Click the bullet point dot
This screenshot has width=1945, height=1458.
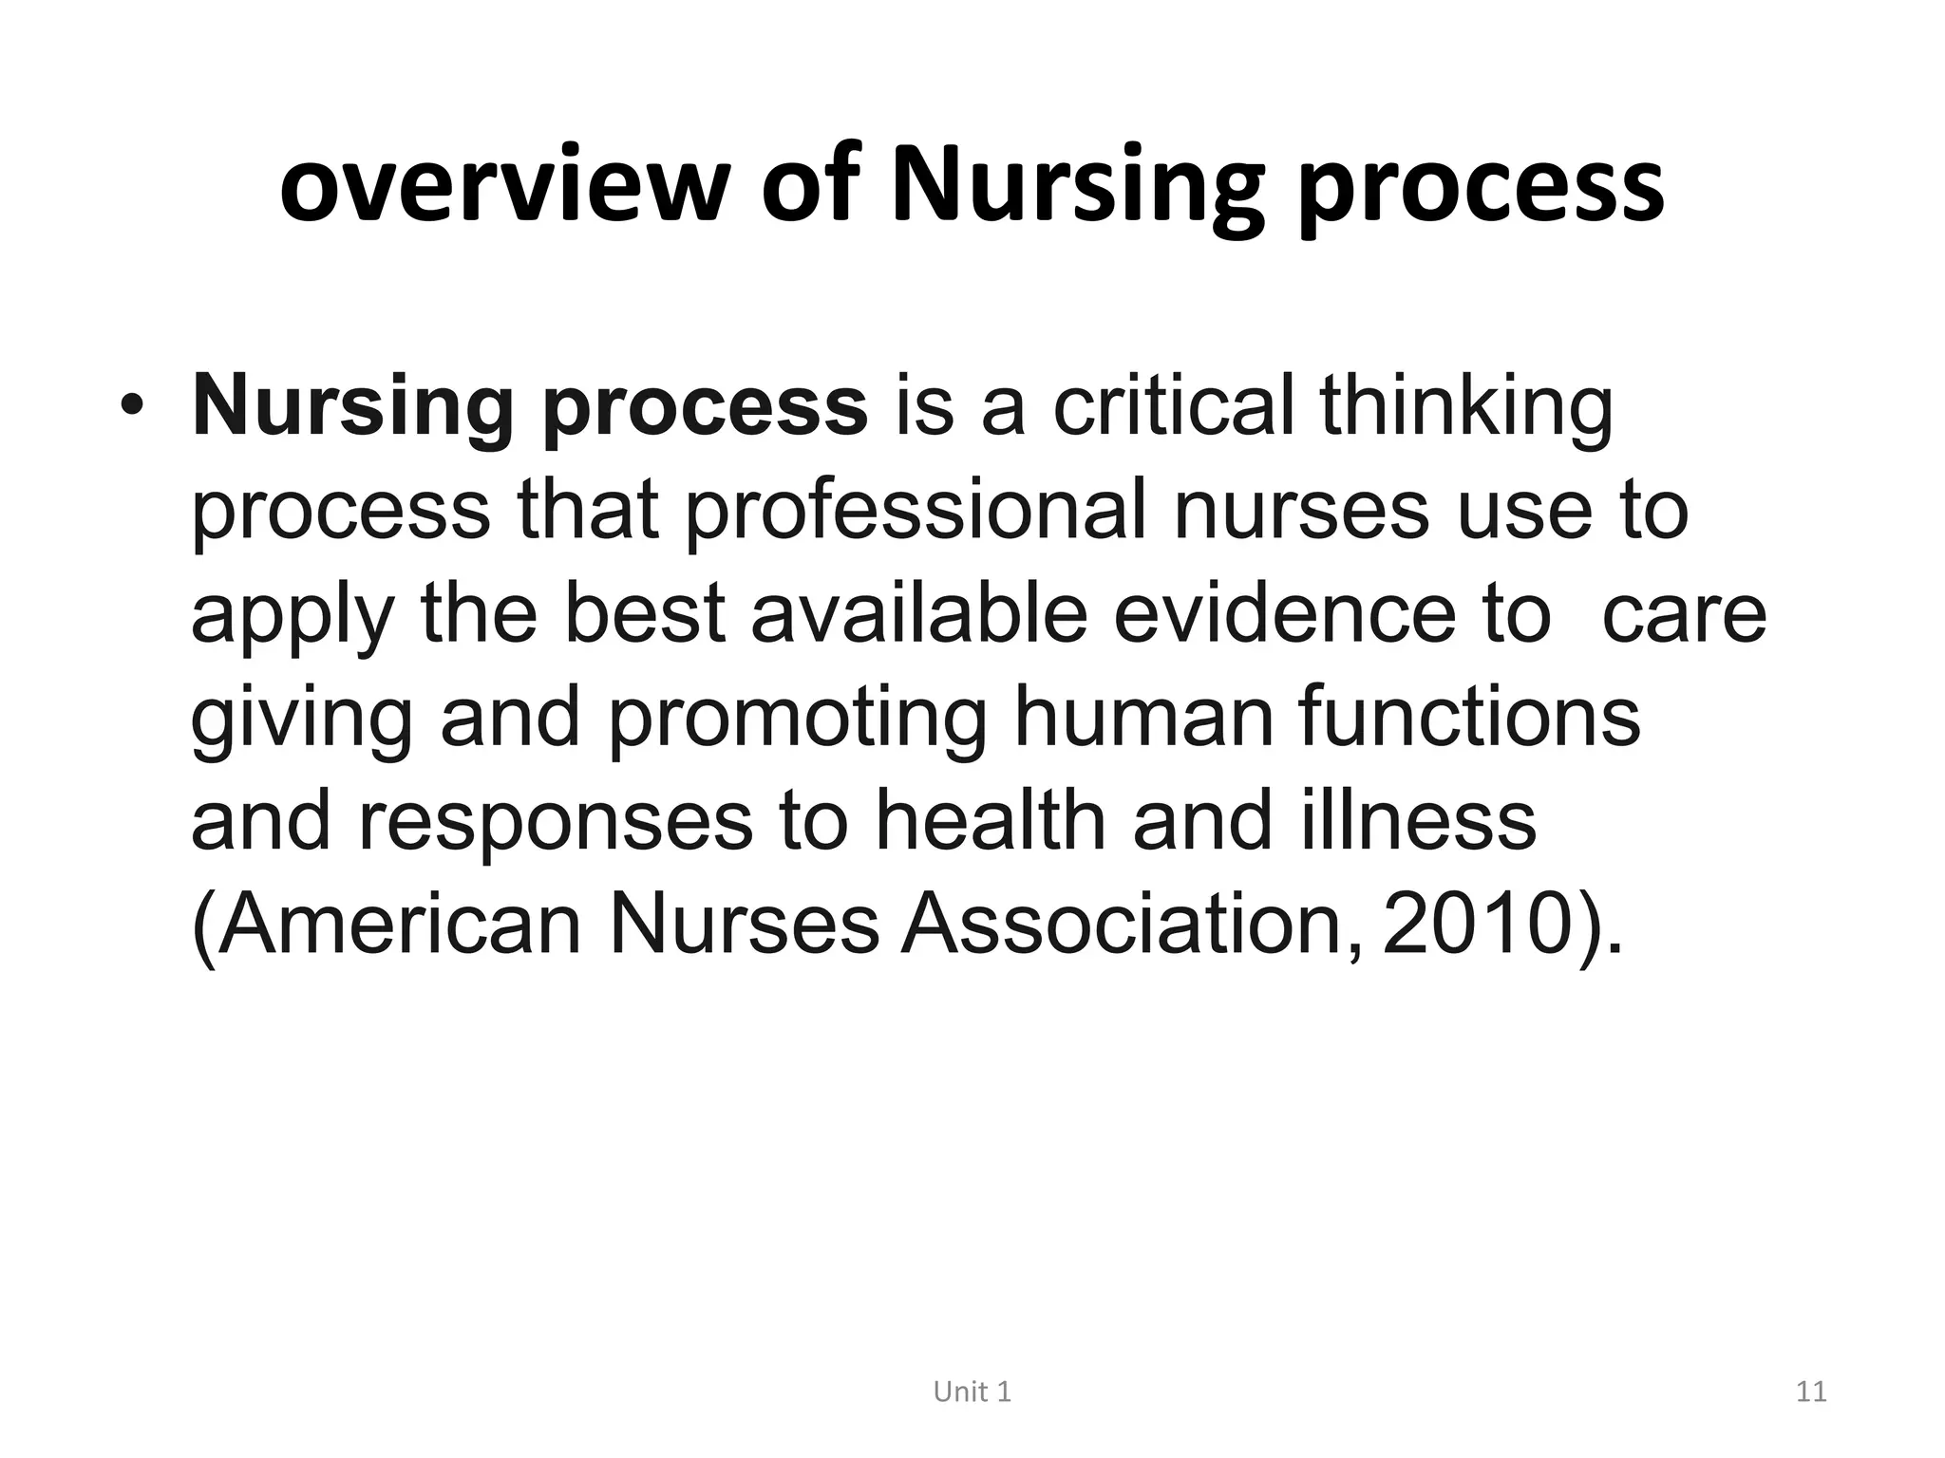coord(132,405)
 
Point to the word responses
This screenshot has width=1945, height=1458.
coord(556,823)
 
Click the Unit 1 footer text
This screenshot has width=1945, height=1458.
coord(972,1392)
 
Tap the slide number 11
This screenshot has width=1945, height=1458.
coord(1811,1392)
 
